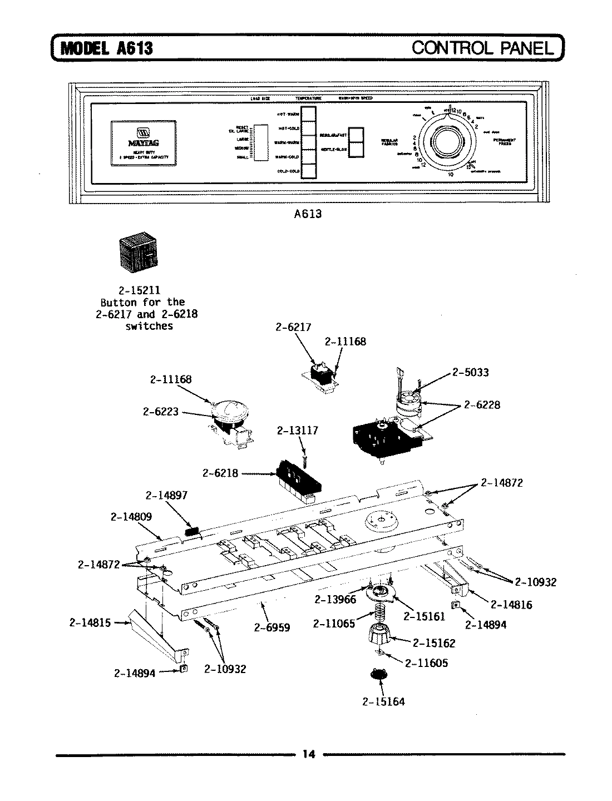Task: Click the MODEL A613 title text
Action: coord(106,48)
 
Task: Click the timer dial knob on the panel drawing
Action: coord(447,141)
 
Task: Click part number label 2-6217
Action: coord(293,328)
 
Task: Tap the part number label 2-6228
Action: coord(482,405)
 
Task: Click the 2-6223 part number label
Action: coord(161,412)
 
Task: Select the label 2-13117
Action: coord(297,431)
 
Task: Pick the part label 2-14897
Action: coord(166,495)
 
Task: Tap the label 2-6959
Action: coord(272,628)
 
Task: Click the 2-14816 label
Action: coord(511,605)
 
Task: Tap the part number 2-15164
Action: coord(383,701)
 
